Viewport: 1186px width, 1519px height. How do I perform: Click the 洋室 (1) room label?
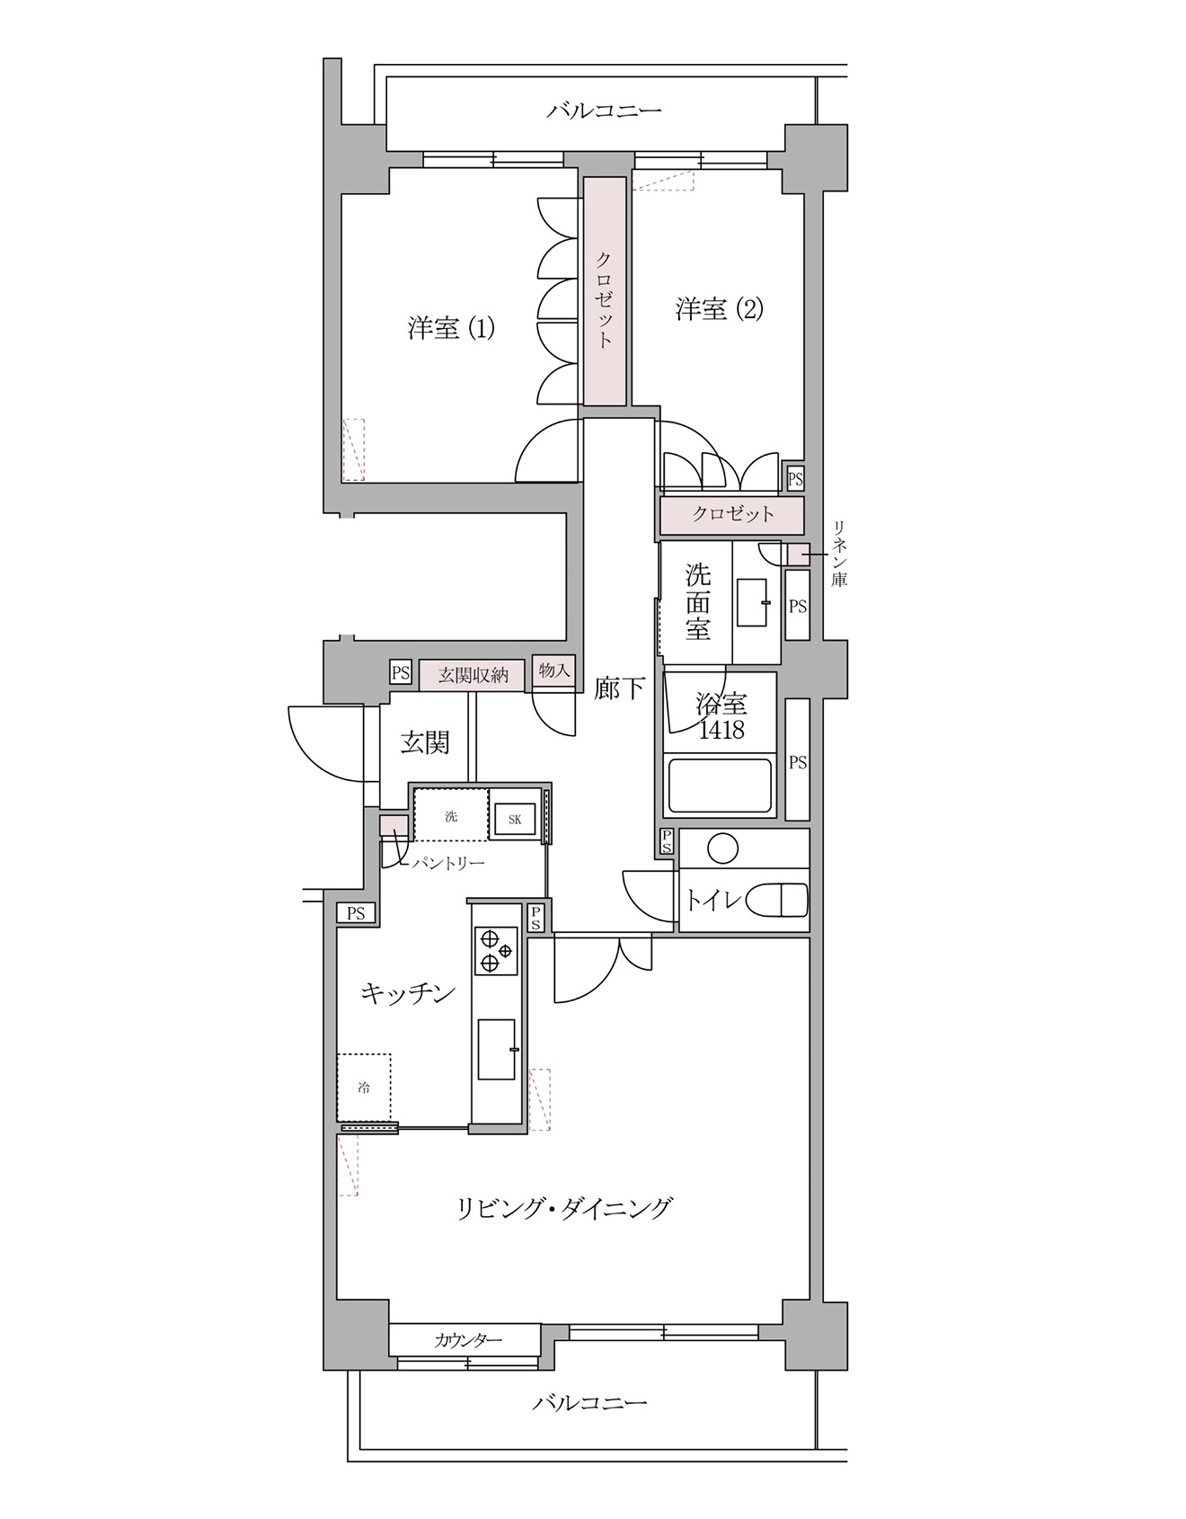coord(451,328)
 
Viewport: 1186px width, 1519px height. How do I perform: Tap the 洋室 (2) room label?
coord(719,309)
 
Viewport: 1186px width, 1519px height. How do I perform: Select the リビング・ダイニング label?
coord(564,1207)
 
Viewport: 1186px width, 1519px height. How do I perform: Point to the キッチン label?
coord(408,993)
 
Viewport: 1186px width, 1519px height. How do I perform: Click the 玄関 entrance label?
coord(424,742)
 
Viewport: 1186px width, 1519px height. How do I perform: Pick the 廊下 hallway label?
coord(619,688)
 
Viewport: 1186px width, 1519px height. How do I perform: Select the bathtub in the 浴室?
coord(719,786)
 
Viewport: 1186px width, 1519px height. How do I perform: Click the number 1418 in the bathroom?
coord(721,730)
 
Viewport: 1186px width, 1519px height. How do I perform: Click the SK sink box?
coord(515,820)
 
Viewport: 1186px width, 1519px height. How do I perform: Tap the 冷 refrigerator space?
coord(364,1088)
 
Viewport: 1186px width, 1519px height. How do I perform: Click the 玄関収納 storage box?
coord(474,675)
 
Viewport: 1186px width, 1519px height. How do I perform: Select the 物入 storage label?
coord(554,670)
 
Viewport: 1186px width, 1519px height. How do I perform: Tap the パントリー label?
coord(448,864)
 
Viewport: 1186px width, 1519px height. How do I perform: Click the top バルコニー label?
coord(604,111)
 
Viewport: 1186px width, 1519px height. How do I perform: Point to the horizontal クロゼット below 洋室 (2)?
coord(732,515)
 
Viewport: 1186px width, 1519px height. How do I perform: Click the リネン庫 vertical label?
coord(838,554)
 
